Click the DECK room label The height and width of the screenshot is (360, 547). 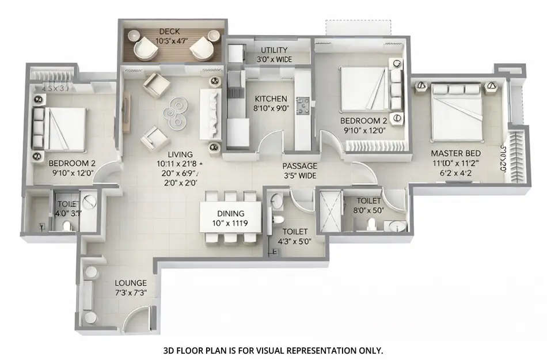(170, 31)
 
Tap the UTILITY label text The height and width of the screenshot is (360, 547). (274, 50)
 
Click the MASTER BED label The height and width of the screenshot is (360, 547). (457, 154)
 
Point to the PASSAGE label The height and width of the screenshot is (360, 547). (299, 166)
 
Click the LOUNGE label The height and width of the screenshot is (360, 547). (131, 283)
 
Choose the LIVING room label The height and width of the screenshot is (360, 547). (180, 154)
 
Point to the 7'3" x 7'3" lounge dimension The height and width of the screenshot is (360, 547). (131, 293)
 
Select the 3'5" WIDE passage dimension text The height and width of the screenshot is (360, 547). (299, 176)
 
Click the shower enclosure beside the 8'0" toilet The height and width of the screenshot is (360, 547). (330, 210)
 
